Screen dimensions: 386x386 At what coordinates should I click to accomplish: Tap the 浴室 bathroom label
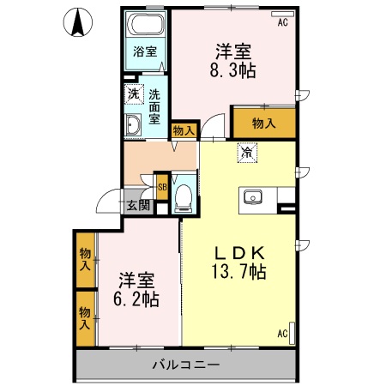coord(144,51)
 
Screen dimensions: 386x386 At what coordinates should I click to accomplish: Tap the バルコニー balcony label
coord(186,364)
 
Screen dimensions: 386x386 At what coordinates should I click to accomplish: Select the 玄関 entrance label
coord(138,205)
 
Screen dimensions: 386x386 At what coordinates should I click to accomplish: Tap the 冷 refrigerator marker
coord(247,154)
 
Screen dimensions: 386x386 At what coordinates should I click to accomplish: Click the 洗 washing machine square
coord(133,94)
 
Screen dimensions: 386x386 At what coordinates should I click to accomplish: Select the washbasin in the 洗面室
coord(134,128)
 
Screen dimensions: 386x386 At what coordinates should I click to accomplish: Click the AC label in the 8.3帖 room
coord(281,24)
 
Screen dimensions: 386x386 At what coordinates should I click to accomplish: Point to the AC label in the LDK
coord(281,333)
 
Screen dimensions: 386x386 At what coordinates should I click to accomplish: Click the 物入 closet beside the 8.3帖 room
coord(264,124)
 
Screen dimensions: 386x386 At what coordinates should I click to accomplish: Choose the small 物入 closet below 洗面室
coord(183,130)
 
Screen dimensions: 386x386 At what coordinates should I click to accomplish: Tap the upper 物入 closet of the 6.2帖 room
coord(85,260)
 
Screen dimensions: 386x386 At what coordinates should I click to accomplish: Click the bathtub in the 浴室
coord(145,24)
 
